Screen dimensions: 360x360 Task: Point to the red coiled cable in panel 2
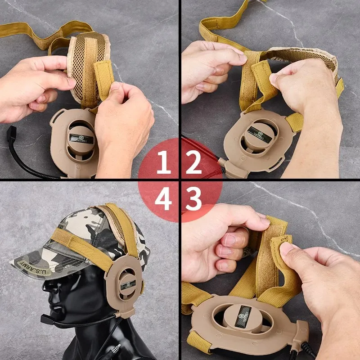205,153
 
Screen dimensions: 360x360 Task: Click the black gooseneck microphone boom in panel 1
27,164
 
